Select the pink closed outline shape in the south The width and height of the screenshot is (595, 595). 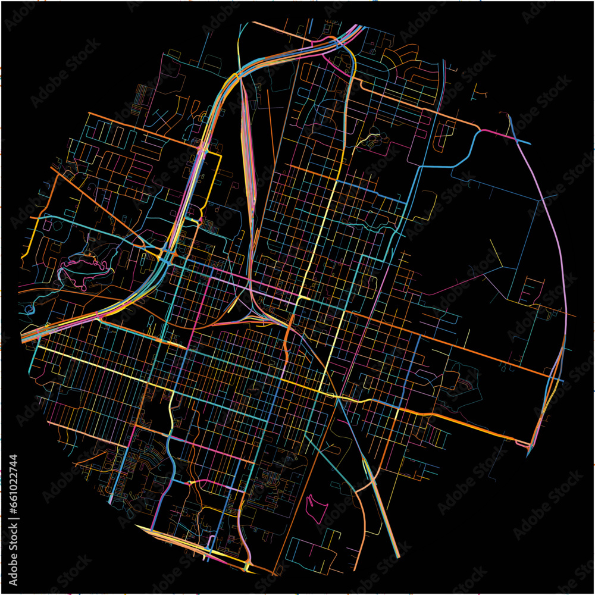coord(317,506)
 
